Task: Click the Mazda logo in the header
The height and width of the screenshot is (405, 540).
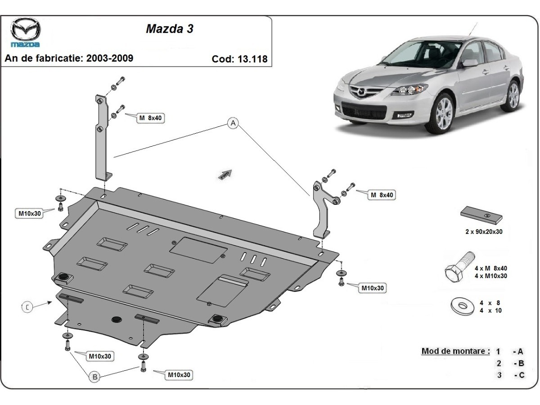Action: (25, 32)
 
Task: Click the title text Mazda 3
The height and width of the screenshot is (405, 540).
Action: (170, 28)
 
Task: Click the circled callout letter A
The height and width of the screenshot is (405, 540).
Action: (233, 123)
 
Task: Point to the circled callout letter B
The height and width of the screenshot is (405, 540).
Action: (94, 377)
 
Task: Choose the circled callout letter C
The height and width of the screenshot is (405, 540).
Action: (27, 307)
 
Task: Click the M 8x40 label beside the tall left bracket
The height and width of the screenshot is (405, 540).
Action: (150, 118)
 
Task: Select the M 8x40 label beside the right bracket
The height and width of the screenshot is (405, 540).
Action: (381, 195)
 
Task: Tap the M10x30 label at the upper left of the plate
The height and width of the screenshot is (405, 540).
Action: (30, 213)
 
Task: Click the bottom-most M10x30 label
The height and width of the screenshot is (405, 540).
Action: (179, 374)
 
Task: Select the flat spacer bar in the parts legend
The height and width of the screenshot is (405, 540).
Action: (481, 215)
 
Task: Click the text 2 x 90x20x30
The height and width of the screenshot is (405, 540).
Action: (484, 232)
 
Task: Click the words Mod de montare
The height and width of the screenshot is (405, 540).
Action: (455, 351)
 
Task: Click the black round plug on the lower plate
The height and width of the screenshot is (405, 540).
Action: (116, 319)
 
